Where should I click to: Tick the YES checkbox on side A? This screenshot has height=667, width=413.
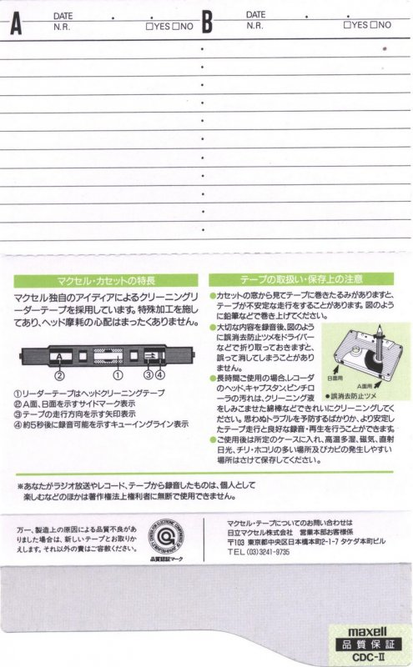[149, 26]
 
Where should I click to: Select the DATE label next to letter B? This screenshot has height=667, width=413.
[255, 15]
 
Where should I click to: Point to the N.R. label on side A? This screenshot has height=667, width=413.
[61, 26]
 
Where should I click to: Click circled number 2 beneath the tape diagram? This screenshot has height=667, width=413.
[60, 376]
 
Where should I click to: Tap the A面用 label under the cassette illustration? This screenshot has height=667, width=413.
[360, 386]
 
